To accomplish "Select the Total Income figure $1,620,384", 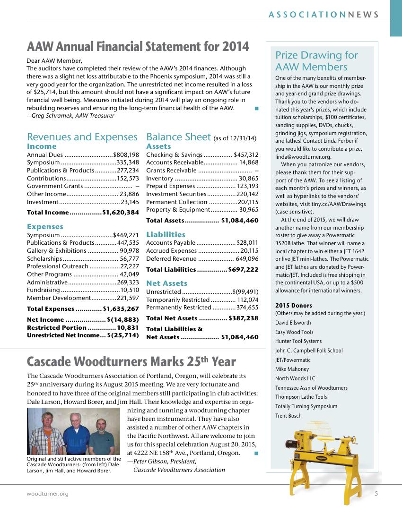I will click(x=121, y=213).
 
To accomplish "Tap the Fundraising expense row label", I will click(x=44, y=290).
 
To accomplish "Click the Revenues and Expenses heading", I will click(x=82, y=137).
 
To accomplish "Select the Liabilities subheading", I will click(x=166, y=234).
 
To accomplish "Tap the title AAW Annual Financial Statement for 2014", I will click(x=138, y=47).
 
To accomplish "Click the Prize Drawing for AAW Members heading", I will click(x=317, y=61).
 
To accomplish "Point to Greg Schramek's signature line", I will click(x=70, y=115).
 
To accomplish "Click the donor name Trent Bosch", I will click(x=288, y=416).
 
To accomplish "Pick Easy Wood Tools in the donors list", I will click(x=294, y=332).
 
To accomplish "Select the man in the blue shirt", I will click(x=76, y=431).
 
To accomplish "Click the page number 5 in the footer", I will click(x=376, y=494).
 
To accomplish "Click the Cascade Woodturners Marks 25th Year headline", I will click(x=131, y=362).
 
